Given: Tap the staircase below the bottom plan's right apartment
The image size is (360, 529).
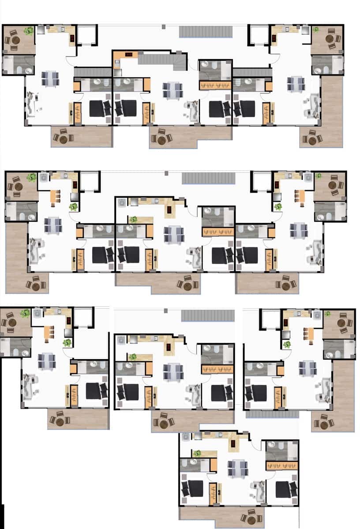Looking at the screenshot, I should pos(272,414).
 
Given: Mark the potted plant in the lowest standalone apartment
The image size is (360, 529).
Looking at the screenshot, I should pos(197,453).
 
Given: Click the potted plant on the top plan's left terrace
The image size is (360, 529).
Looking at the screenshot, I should pos(29,31).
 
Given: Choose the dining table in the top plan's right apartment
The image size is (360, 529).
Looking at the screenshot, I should pos(295,83).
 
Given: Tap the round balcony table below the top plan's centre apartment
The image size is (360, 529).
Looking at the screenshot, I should pos(161,139).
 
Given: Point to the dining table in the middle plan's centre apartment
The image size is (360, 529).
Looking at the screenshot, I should pos(173,234).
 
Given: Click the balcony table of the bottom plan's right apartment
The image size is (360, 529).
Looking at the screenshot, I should pos(324,423).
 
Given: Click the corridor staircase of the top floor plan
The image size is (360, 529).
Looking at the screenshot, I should pos(206,32).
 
